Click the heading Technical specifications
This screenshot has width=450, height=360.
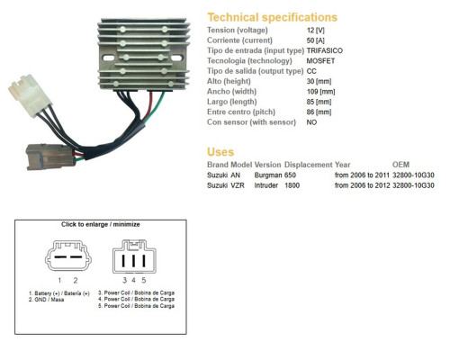[273, 17]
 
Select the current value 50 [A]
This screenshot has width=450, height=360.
[316, 40]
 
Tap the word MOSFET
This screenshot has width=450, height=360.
[320, 61]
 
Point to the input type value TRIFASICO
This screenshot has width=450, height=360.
[325, 50]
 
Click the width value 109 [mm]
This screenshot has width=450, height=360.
[320, 92]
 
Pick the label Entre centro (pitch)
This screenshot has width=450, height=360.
[241, 112]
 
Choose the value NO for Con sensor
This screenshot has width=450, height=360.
[311, 122]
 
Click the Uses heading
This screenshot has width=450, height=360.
[220, 152]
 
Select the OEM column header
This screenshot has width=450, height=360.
[400, 165]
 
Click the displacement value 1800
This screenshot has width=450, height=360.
[292, 185]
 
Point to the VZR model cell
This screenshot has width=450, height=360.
[238, 185]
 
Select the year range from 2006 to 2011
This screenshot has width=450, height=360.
[362, 175]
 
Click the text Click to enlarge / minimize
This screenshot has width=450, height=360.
[101, 224]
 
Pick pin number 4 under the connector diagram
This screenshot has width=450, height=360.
[133, 280]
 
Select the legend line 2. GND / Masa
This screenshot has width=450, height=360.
[46, 300]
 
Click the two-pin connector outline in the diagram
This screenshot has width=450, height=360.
[68, 241]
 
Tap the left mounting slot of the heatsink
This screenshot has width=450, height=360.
[108, 58]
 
